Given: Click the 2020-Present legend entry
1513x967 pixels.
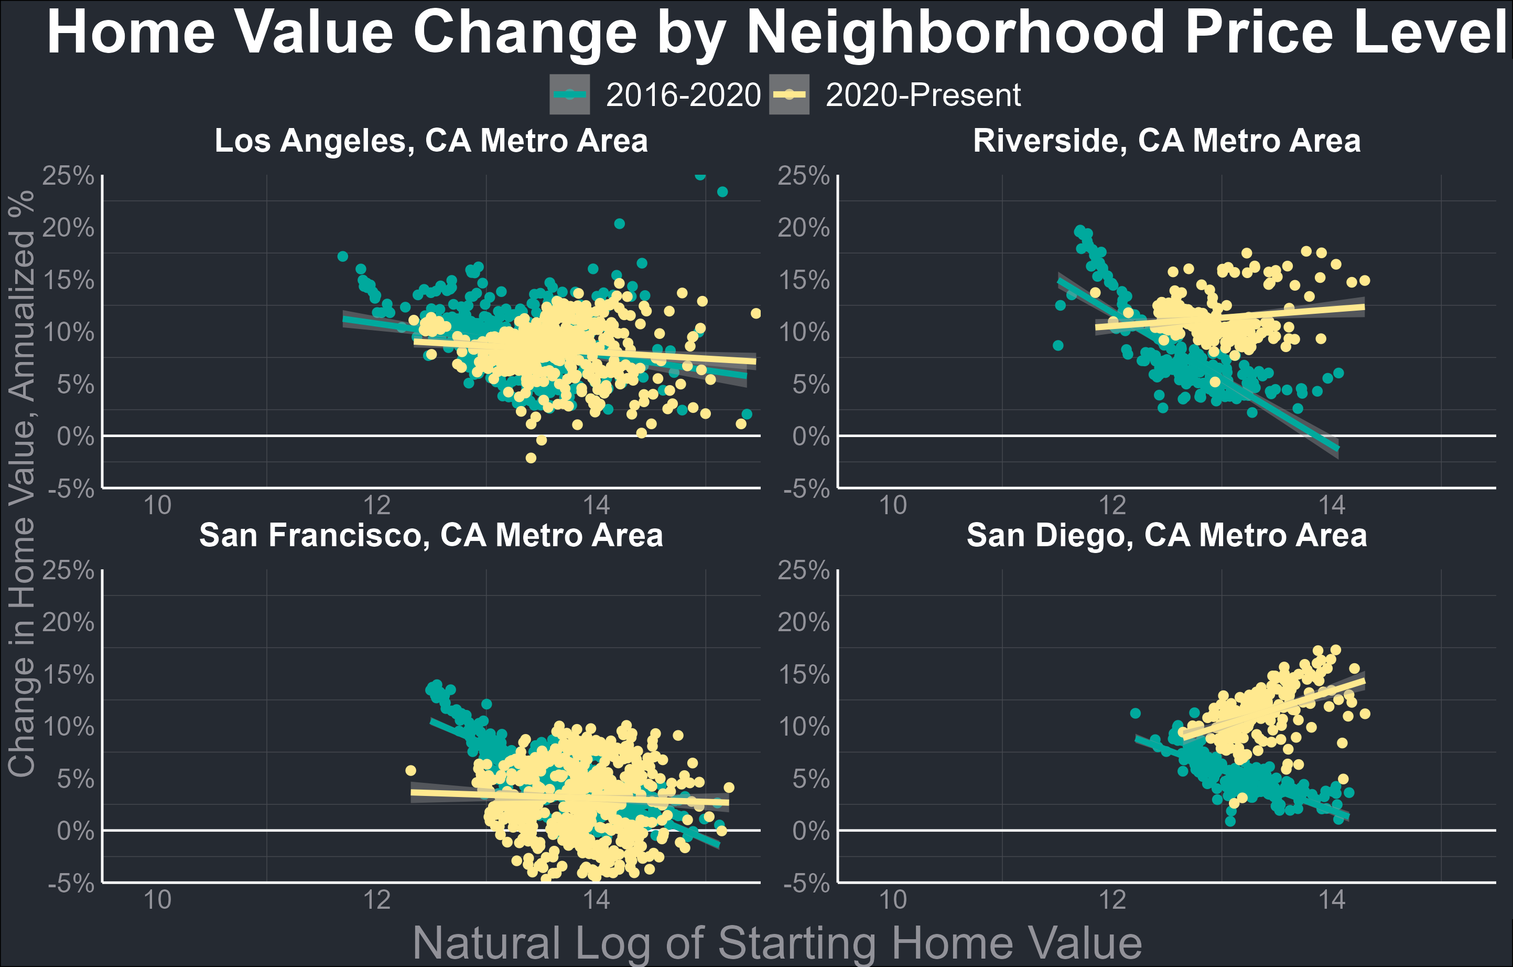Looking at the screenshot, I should [x=895, y=95].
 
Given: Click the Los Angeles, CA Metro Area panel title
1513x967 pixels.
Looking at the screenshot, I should [x=431, y=140].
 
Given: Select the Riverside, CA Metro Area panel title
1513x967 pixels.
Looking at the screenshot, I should [x=1166, y=140].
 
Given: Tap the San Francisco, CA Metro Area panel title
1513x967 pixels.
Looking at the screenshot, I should [x=431, y=535].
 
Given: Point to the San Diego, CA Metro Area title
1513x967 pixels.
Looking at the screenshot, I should [x=1166, y=535].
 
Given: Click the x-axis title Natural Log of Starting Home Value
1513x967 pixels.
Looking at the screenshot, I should [x=777, y=943].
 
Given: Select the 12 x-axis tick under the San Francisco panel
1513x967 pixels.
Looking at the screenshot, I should [x=376, y=900].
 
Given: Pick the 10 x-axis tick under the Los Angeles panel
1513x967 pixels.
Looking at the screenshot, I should [x=157, y=505].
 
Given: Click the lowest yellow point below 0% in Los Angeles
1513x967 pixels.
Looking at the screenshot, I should [x=531, y=458].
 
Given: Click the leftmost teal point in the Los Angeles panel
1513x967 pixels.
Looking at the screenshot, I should [x=342, y=256].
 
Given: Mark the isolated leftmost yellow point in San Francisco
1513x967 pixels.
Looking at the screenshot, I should [x=410, y=770].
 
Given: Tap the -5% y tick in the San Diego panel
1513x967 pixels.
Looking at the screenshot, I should [x=807, y=884].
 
